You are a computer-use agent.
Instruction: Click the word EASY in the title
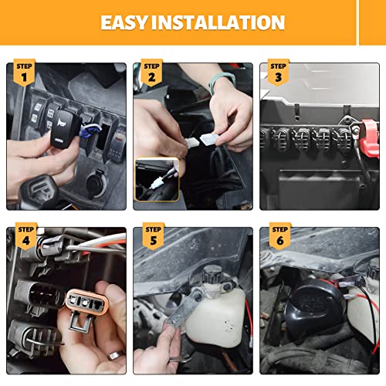[124, 22]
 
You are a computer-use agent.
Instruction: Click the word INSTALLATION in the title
[218, 22]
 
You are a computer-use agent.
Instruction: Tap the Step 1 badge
[24, 73]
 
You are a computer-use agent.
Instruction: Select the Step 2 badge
[151, 73]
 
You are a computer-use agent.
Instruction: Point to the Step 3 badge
[279, 73]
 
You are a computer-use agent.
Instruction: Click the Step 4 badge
[26, 236]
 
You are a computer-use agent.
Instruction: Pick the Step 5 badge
[154, 236]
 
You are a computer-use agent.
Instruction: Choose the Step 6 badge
[280, 236]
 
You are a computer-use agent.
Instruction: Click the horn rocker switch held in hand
[65, 130]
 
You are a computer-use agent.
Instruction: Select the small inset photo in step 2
[157, 179]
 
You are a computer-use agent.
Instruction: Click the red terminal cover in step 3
[369, 137]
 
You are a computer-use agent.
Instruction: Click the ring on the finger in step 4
[116, 355]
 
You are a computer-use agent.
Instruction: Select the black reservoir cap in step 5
[212, 275]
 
